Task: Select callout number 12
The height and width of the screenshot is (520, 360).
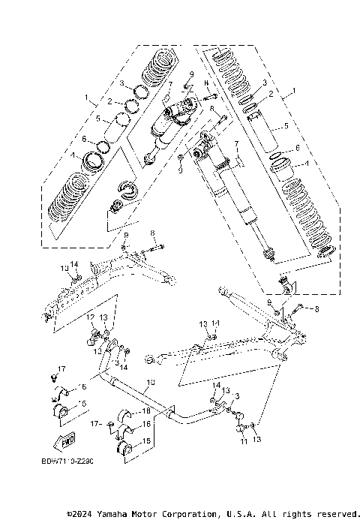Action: (89, 317)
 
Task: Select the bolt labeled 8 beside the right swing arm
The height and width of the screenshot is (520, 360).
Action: (296, 307)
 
